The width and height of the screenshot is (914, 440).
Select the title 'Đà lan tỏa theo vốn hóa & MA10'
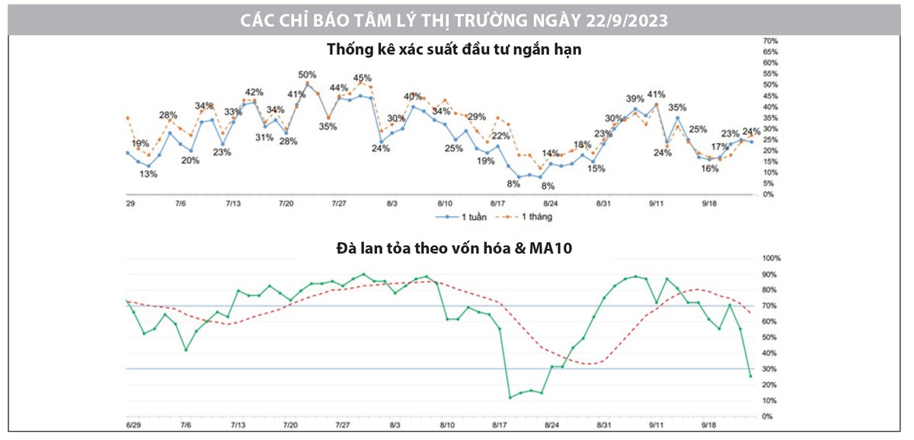tap(456, 247)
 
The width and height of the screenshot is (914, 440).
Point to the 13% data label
tap(148, 174)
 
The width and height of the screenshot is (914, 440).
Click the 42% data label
tap(254, 92)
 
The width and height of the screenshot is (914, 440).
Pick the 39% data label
tap(634, 99)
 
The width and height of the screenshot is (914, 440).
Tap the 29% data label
tap(477, 116)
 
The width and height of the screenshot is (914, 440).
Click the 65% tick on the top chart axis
tap(770, 51)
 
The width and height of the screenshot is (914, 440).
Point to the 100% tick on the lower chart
tap(771, 259)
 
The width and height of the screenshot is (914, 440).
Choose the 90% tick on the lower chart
tap(770, 275)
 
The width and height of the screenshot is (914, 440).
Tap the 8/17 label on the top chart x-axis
tap(497, 204)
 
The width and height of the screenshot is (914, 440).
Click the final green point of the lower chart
tap(750, 376)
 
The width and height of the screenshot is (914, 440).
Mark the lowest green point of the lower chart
tap(510, 397)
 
